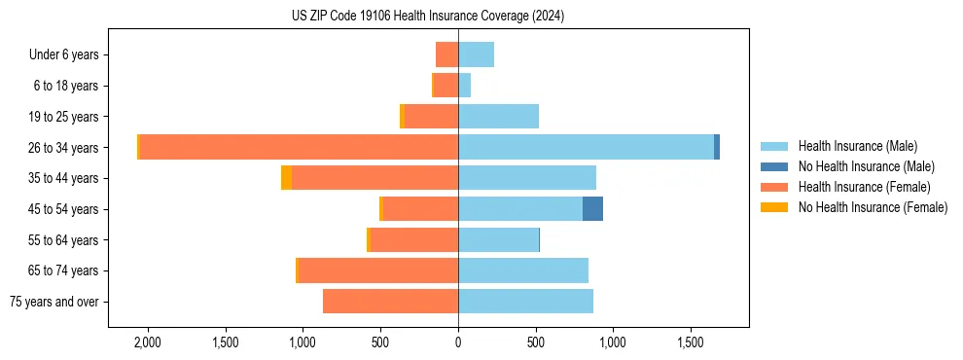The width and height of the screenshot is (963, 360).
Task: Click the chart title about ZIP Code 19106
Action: (x=428, y=17)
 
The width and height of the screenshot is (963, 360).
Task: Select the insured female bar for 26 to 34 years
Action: (x=299, y=147)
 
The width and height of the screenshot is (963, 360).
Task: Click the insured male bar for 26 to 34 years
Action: (x=586, y=147)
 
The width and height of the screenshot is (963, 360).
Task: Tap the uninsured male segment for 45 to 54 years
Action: (x=592, y=209)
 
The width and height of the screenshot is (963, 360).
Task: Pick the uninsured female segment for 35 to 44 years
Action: (x=286, y=178)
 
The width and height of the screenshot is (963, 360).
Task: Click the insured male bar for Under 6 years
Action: (x=476, y=54)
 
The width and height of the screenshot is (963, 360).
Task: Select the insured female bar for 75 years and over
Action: (x=390, y=302)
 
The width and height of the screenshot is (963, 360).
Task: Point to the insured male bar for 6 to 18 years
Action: (x=464, y=86)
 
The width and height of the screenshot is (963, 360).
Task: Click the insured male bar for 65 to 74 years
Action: (x=522, y=270)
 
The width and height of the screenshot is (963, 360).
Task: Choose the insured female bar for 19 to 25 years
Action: (x=431, y=117)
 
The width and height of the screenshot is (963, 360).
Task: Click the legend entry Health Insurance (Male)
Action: (x=857, y=146)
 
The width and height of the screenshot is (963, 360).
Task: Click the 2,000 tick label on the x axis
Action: (x=147, y=343)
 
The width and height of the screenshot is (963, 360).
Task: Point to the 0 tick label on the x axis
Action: (x=458, y=343)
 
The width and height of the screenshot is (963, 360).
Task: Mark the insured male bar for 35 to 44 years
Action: (x=526, y=178)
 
